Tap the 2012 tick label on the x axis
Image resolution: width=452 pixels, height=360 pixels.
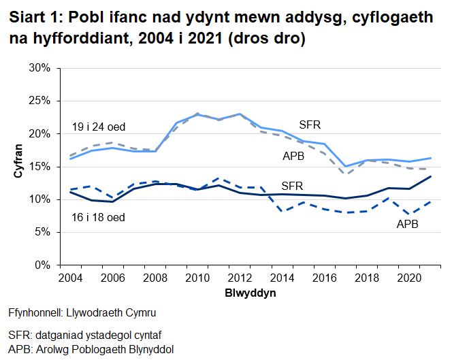point(240,280)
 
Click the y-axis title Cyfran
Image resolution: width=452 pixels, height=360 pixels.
point(18,165)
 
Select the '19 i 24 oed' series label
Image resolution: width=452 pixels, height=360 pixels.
point(98,127)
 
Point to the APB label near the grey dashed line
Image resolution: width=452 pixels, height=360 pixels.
point(294,157)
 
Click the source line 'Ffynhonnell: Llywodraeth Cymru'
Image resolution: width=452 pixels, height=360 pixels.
point(82,314)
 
